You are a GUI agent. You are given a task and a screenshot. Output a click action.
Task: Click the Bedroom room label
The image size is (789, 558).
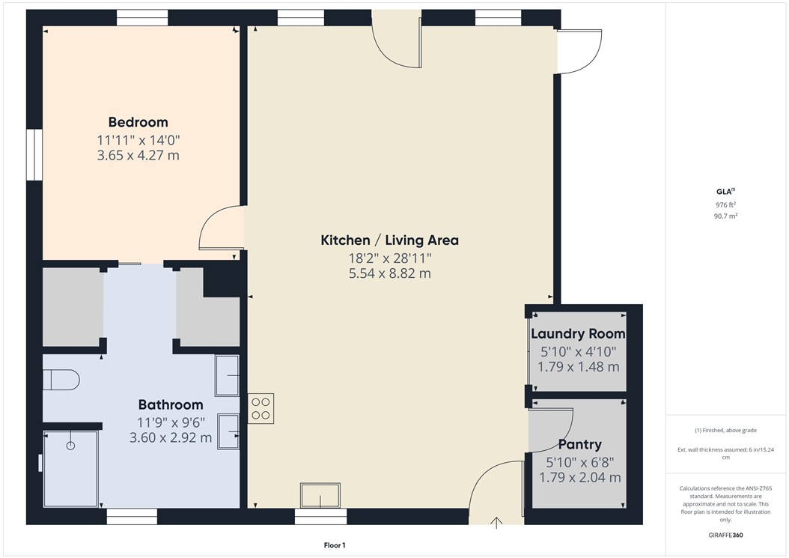[138, 122]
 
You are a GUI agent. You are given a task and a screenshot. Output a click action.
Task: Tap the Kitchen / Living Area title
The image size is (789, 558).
[389, 240]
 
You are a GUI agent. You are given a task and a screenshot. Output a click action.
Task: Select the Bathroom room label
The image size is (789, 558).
[170, 405]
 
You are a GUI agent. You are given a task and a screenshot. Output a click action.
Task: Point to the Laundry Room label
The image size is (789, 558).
[578, 334]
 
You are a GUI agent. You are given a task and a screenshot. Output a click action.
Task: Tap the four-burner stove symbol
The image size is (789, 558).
[261, 407]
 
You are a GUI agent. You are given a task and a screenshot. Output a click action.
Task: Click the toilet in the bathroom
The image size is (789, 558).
[61, 380]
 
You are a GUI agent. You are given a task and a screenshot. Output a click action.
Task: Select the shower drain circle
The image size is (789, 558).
[71, 446]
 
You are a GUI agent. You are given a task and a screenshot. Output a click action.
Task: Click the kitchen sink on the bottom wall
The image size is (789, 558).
[320, 496]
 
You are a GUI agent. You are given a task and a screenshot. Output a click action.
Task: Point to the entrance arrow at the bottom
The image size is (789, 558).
[496, 521]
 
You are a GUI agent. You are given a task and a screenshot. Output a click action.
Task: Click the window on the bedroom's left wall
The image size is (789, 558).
[34, 154]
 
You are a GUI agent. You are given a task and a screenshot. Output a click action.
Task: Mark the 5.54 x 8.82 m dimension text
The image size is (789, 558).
[389, 273]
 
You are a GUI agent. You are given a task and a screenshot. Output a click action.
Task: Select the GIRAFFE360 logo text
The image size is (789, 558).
[726, 536]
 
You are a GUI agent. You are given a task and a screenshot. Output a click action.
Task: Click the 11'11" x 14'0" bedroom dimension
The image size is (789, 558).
[138, 139]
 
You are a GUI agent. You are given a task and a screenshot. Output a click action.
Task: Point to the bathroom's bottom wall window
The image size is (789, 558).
[132, 516]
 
